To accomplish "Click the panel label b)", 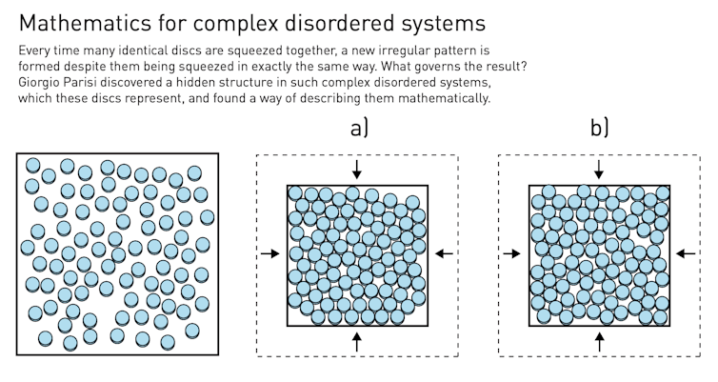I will click(598, 129).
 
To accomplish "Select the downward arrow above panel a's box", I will click(356, 170).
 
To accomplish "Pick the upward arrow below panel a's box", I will click(356, 342).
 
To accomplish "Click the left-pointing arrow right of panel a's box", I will click(444, 253).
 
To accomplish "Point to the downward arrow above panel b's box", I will click(598, 170).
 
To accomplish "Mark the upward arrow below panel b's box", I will click(598, 342).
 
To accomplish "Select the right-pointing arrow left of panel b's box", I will click(511, 253).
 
